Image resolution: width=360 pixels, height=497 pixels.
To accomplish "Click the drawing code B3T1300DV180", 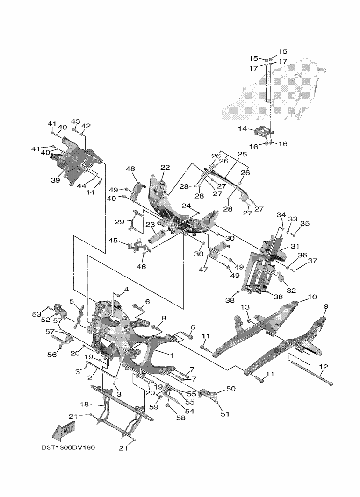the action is (x=69, y=447).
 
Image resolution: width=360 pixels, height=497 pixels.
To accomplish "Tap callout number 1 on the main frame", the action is (x=172, y=355).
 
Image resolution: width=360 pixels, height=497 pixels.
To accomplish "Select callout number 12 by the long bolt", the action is (x=324, y=367).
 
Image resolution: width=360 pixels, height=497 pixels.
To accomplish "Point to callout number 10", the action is (x=312, y=297).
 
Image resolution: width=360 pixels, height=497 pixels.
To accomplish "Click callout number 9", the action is (x=326, y=306).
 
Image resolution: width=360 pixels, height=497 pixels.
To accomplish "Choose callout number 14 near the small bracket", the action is (x=243, y=128).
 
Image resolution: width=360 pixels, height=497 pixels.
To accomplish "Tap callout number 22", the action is (x=165, y=167).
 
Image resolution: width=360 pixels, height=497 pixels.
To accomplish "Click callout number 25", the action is (x=242, y=154).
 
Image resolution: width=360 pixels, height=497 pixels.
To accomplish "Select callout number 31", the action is (x=295, y=246).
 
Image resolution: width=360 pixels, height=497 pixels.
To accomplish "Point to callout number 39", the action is (x=55, y=180).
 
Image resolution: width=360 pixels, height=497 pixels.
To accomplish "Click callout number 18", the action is (x=84, y=405).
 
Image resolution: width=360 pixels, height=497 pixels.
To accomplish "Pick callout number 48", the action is (x=130, y=169).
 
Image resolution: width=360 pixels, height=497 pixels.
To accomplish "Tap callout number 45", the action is (x=113, y=241).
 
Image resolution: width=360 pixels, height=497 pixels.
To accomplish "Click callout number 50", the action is (x=231, y=388).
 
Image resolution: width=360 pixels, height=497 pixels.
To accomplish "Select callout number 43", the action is (x=75, y=121).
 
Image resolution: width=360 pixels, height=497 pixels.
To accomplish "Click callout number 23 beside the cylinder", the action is (x=151, y=225).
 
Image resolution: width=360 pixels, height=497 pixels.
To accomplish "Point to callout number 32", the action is (x=291, y=291).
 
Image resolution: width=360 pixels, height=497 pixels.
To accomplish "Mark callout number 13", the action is (x=245, y=307).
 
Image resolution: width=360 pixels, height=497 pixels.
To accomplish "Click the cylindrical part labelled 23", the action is (x=157, y=237).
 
